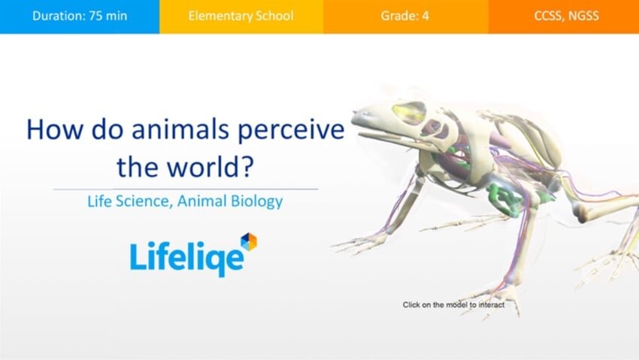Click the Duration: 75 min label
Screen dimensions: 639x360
pyautogui.click(x=80, y=16)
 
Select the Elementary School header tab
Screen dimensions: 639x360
pyautogui.click(x=241, y=16)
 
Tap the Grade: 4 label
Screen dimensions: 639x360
pyautogui.click(x=404, y=16)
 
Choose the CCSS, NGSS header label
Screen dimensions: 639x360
pyautogui.click(x=567, y=16)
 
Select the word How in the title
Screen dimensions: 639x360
pyautogui.click(x=54, y=129)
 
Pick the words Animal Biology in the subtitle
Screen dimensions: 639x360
pyautogui.click(x=230, y=201)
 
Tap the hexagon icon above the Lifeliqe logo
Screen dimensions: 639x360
pyautogui.click(x=249, y=241)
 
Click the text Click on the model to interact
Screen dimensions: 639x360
pyautogui.click(x=453, y=304)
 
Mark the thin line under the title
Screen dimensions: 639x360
pyautogui.click(x=186, y=189)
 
